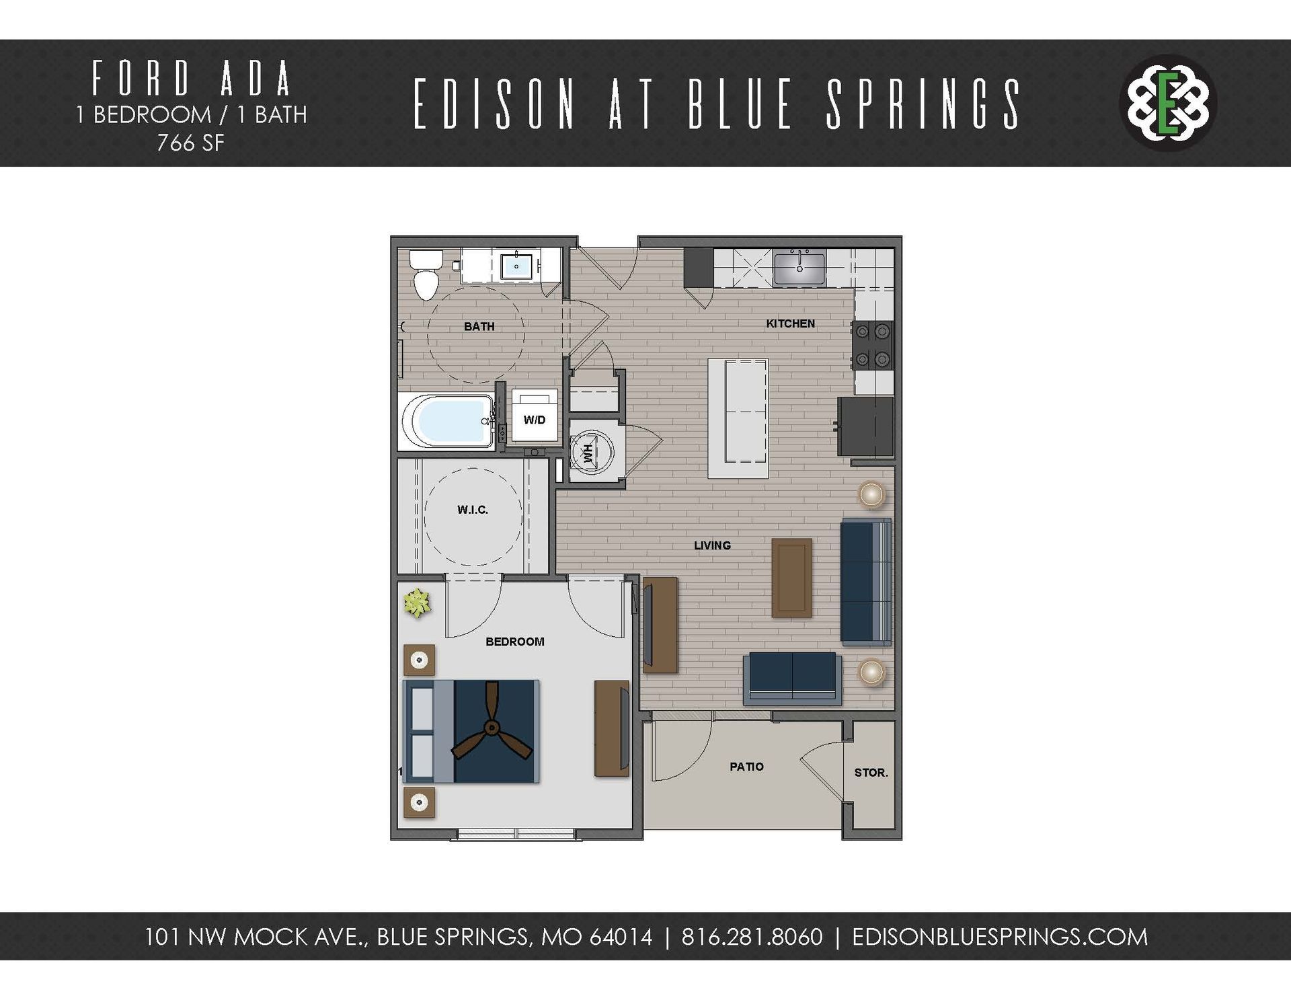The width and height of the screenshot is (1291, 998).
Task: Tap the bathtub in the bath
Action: [x=447, y=421]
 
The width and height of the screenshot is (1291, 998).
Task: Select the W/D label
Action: [x=535, y=420]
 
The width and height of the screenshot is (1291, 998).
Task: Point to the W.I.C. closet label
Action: [x=473, y=510]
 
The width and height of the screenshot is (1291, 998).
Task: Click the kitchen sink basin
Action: [x=799, y=268]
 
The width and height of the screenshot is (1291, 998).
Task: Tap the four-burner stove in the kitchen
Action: [x=871, y=346]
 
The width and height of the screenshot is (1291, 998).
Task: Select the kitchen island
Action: [x=738, y=418]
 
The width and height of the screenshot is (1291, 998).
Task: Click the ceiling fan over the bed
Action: [x=492, y=728]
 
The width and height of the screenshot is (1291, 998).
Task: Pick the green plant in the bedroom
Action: [x=417, y=603]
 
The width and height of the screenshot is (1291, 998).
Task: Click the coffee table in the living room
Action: [x=791, y=578]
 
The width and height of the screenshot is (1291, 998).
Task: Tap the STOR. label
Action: [x=871, y=773]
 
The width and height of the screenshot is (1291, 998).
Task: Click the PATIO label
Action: [x=746, y=767]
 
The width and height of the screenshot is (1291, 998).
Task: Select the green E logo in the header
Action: [x=1169, y=103]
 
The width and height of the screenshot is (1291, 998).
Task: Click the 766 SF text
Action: [x=191, y=143]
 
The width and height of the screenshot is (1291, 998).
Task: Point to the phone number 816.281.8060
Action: [x=752, y=937]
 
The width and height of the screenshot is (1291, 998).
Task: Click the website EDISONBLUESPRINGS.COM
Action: [x=999, y=937]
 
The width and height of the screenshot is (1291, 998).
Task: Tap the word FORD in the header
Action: [x=142, y=79]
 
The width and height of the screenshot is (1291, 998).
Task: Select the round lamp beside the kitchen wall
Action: [x=871, y=495]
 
